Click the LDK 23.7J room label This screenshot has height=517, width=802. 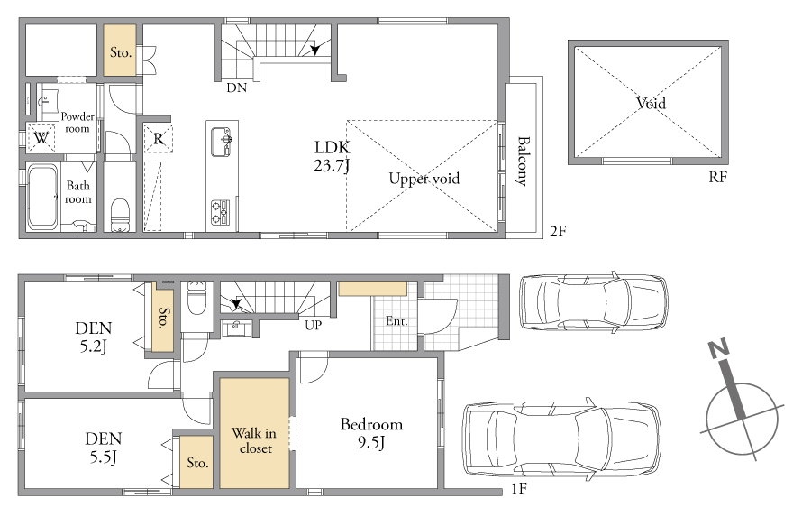click(332, 156)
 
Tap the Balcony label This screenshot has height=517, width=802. click(523, 161)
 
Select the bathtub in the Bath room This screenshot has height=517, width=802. click(42, 196)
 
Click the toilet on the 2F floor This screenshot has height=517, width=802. click(120, 215)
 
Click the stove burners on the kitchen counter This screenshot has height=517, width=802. click(221, 212)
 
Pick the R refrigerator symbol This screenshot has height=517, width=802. click(158, 138)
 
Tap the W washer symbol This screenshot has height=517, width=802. click(41, 138)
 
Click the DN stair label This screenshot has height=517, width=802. click(236, 88)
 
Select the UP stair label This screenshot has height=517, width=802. click(313, 325)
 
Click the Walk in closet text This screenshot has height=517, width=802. click(254, 440)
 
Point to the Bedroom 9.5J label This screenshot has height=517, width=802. click(371, 433)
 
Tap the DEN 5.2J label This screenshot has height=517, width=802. click(93, 337)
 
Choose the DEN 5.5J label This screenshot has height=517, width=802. click(104, 448)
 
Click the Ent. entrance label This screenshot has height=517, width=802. click(396, 321)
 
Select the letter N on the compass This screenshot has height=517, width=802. click(718, 349)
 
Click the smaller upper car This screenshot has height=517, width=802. click(593, 301)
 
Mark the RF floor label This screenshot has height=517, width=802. click(717, 177)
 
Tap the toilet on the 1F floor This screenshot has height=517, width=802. click(196, 297)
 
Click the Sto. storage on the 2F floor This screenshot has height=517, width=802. click(120, 51)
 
